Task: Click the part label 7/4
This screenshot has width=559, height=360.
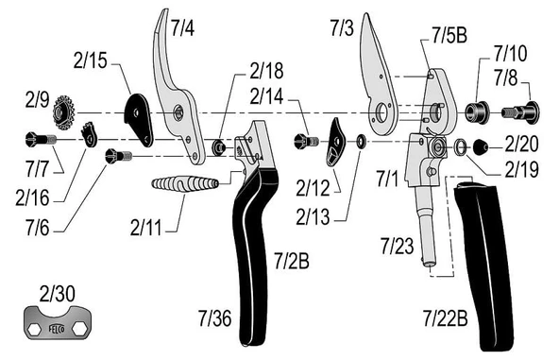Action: (182, 27)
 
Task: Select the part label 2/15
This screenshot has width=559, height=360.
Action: (90, 62)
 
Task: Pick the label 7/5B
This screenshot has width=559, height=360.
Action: (449, 37)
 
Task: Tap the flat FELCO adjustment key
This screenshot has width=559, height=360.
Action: (58, 325)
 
